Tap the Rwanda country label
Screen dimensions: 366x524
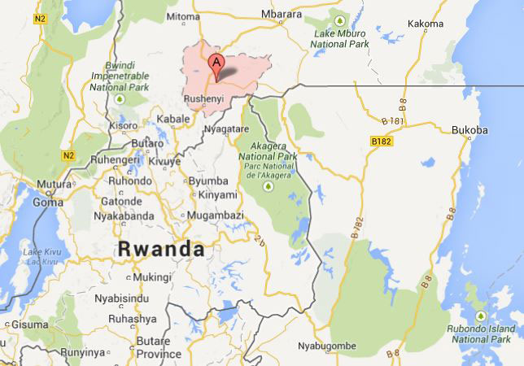coord(160,250)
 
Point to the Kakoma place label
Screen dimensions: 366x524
coord(430,24)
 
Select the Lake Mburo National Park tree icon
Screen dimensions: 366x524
coord(340,20)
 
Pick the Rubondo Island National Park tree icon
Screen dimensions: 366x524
coord(479,316)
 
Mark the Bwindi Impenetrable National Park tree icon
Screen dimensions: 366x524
coord(121,98)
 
